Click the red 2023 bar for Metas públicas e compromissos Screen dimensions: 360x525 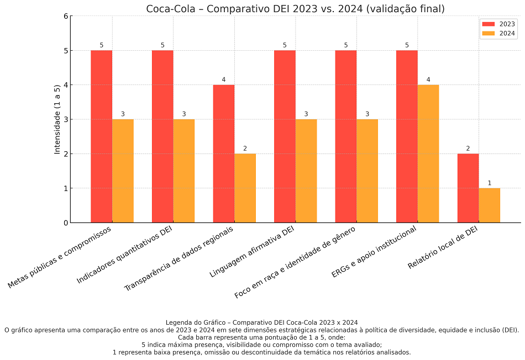click(102, 136)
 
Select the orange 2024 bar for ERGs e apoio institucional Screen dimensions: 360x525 click(428, 153)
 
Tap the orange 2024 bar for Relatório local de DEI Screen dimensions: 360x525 click(490, 205)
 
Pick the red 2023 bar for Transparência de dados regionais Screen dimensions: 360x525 click(224, 153)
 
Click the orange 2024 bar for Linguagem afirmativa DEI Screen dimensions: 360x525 click(306, 171)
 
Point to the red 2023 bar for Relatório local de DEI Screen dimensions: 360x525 click(468, 188)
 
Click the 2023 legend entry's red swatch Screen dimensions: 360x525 click(489, 24)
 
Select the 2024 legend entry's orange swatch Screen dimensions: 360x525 click(489, 33)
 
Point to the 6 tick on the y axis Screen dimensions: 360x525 click(66, 16)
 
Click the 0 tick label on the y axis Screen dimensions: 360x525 click(66, 223)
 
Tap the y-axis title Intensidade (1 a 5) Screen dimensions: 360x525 click(57, 119)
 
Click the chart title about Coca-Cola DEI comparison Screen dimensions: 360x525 click(295, 9)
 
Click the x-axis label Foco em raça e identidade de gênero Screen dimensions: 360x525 click(296, 262)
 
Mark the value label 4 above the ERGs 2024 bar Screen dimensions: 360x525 click(428, 80)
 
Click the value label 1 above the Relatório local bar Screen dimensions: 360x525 click(490, 183)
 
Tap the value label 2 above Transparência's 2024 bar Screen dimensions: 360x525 click(245, 149)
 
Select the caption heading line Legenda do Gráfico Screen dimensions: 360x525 click(261, 322)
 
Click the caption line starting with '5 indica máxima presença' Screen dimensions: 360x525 click(261, 345)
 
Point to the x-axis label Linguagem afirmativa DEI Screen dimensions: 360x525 click(253, 251)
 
